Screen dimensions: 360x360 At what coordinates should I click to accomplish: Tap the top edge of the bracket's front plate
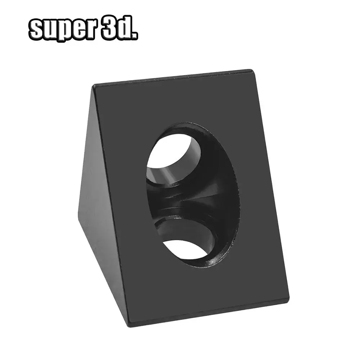pos(173,78)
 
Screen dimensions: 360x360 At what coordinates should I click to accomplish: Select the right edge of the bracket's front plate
pos(271,187)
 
